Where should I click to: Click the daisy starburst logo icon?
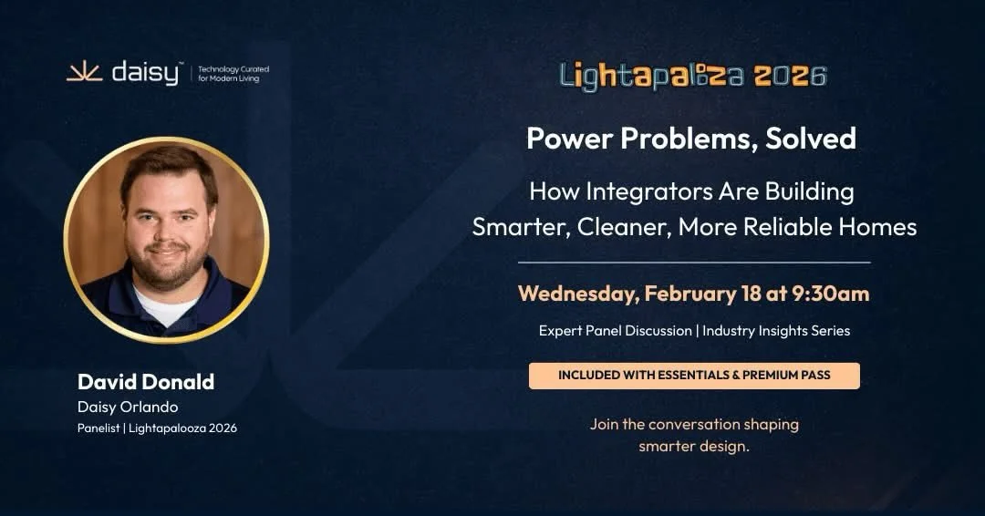click(x=83, y=73)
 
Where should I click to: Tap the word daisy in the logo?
click(x=145, y=73)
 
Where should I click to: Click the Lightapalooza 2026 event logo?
click(x=693, y=76)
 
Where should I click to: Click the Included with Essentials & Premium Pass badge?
click(x=694, y=376)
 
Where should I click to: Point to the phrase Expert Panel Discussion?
click(x=615, y=331)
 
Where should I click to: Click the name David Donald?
click(x=146, y=381)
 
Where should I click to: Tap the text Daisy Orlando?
click(x=127, y=407)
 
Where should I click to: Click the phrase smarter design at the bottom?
click(x=694, y=446)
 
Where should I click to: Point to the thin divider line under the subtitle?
click(x=694, y=263)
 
